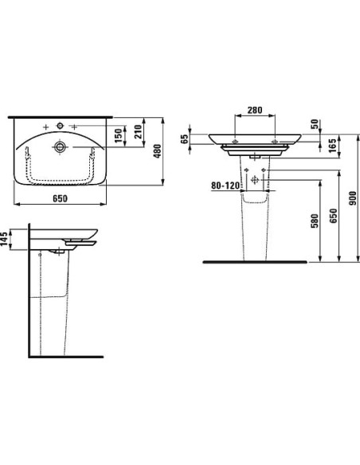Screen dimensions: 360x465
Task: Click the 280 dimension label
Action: click(255, 111)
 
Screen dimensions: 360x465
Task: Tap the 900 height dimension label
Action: click(353, 198)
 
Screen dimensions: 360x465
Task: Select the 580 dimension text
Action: click(315, 221)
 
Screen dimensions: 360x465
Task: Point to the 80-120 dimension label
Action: click(225, 186)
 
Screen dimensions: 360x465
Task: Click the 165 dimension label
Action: click(334, 145)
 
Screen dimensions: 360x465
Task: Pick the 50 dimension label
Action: click(315, 123)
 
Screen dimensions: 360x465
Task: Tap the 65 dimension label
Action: click(185, 139)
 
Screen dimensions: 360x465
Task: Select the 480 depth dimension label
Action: click(157, 151)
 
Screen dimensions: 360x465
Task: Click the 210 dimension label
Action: click(139, 131)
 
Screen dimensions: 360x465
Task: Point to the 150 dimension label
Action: click(119, 135)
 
